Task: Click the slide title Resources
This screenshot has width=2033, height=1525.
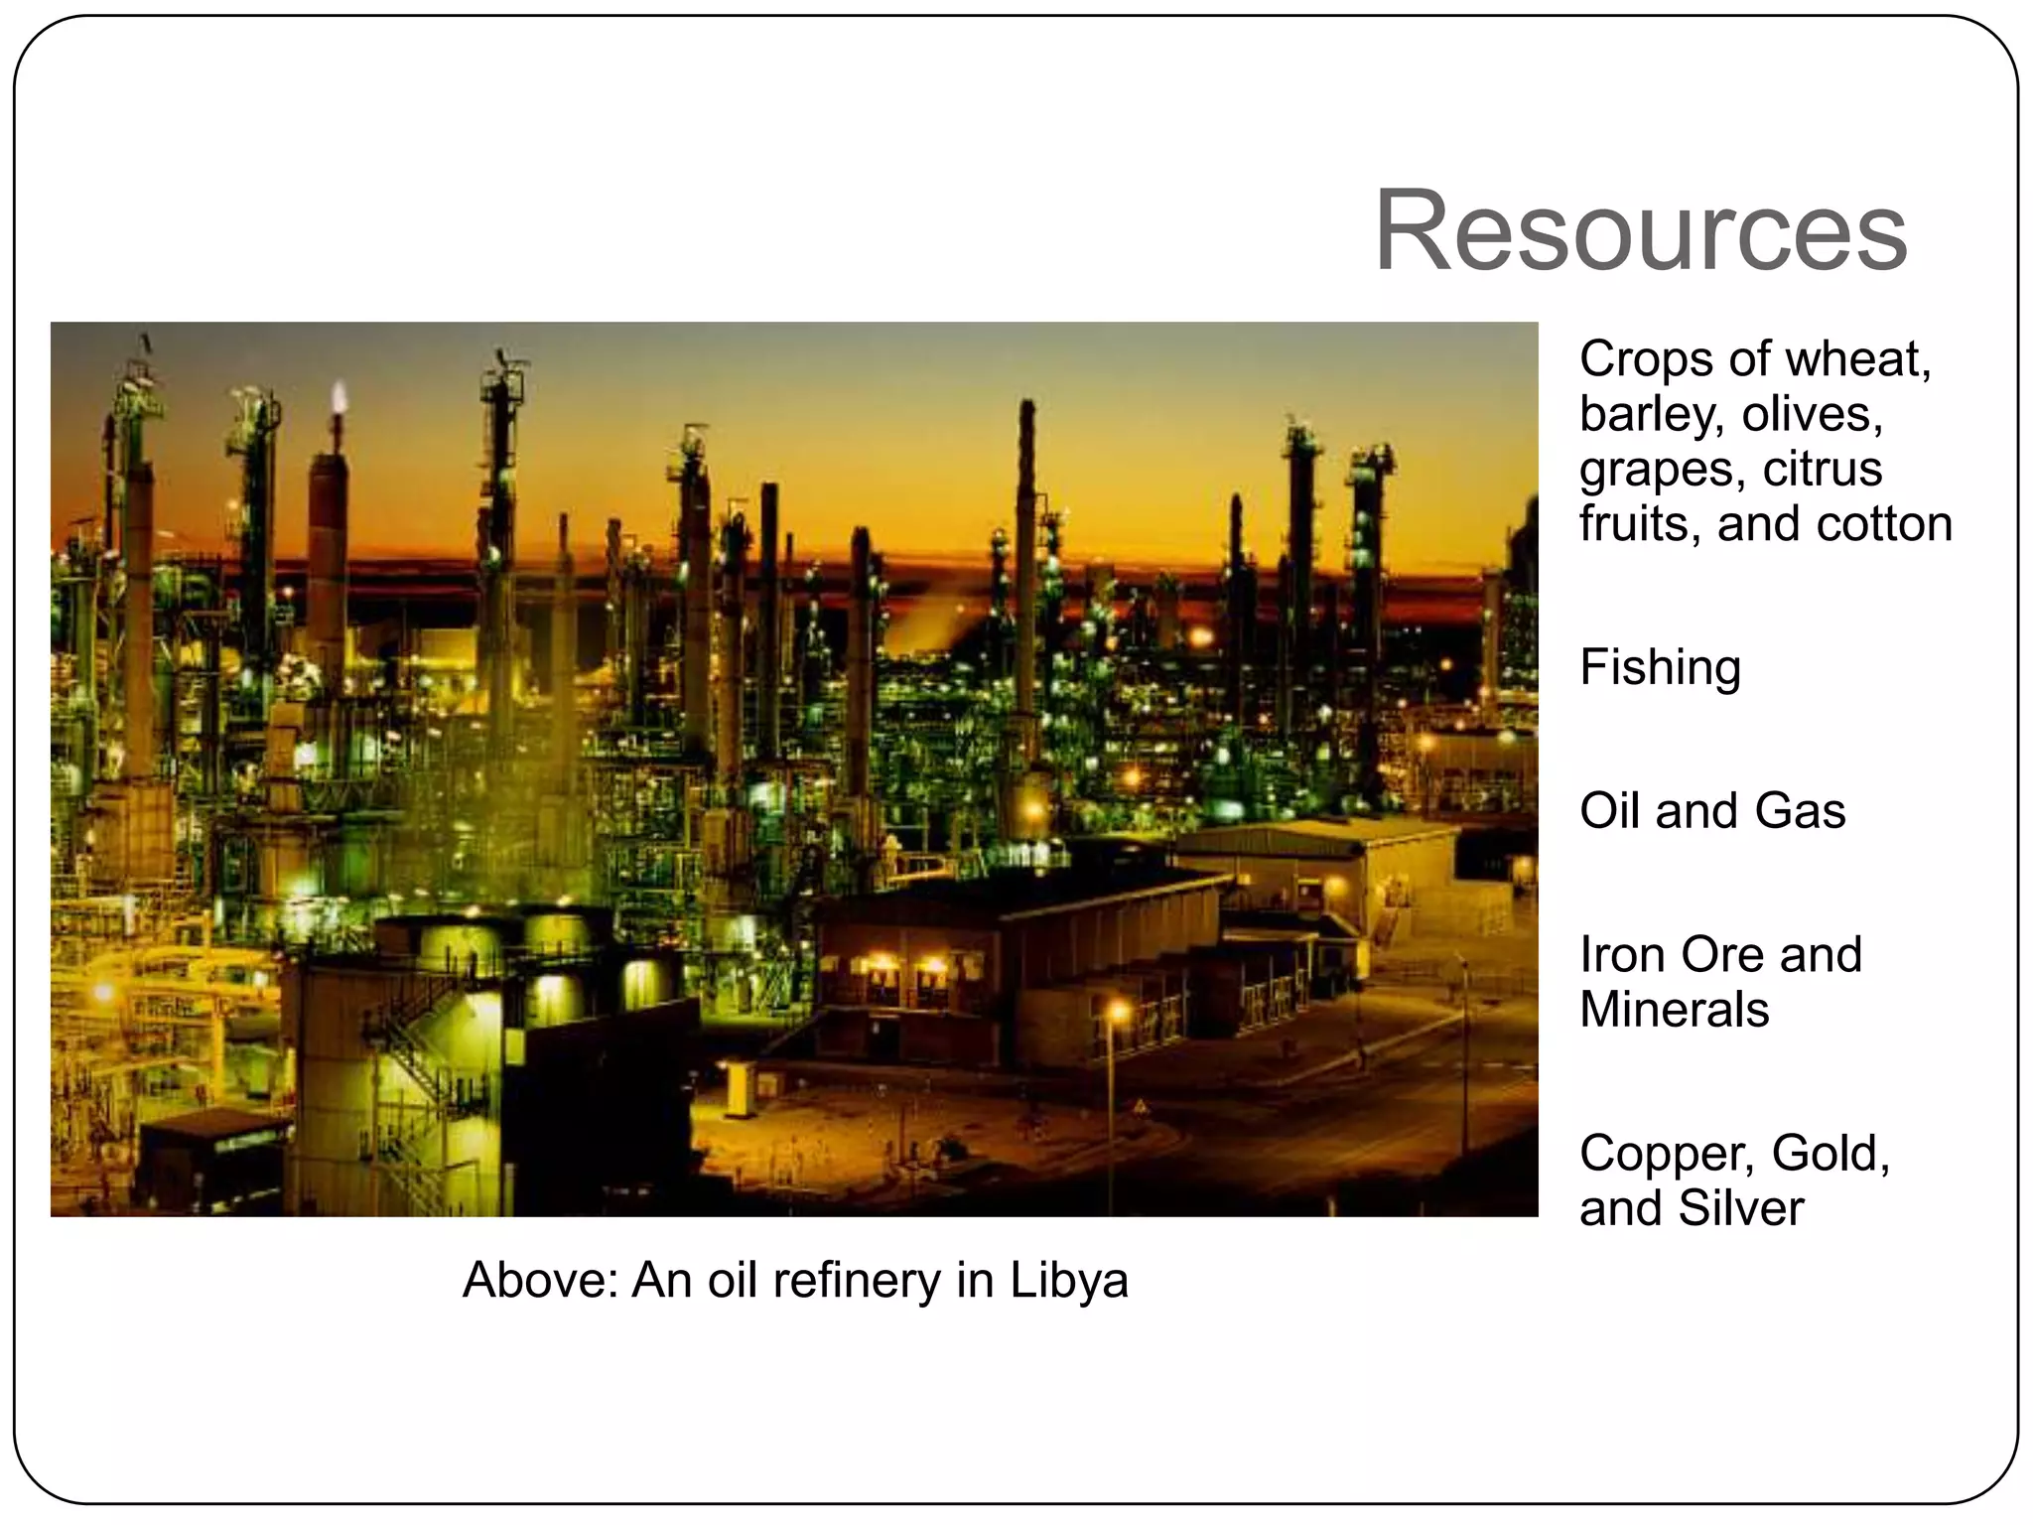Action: (1640, 232)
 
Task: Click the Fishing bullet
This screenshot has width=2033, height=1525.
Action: (1660, 668)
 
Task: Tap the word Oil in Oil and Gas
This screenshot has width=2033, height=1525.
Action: (1609, 810)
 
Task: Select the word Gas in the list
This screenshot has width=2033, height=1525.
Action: (1800, 810)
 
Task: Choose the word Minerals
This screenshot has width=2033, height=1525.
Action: (1674, 1010)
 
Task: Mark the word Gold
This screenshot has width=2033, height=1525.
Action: (1830, 1154)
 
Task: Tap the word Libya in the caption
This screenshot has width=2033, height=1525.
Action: (1069, 1280)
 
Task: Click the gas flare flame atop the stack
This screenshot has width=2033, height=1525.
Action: (339, 396)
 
